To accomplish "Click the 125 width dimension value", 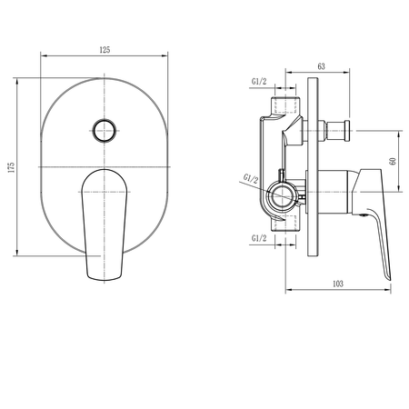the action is (105, 50).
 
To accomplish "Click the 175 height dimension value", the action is (11, 167).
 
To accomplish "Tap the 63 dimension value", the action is (321, 66).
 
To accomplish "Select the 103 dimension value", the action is (338, 284).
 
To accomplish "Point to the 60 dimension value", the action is (393, 161).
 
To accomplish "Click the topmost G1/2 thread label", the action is (259, 81).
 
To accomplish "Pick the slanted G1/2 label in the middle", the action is (251, 178).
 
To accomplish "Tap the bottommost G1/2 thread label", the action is (259, 238).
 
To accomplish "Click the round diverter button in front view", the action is (105, 131).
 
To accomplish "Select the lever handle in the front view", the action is (105, 224).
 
